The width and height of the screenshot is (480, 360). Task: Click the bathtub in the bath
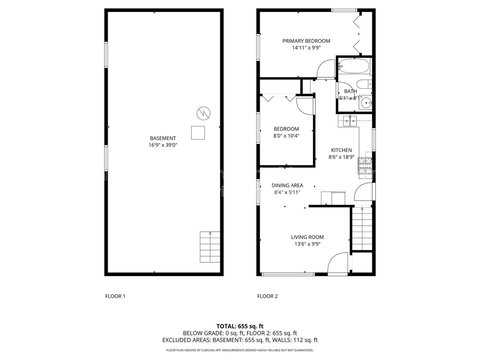[x=354, y=66]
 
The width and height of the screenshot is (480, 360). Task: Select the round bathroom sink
[x=366, y=103]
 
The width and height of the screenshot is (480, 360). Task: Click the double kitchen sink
[x=350, y=121]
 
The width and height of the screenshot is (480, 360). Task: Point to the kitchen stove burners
[x=365, y=166]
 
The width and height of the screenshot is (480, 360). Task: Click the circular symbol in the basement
[x=203, y=113]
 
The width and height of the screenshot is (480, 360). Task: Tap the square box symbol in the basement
[x=198, y=133]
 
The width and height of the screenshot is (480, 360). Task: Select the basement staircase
[x=210, y=247]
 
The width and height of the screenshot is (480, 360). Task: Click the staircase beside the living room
[x=362, y=229]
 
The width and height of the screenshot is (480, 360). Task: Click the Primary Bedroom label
[x=306, y=41]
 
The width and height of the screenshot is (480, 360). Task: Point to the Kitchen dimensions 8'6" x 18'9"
[x=341, y=157]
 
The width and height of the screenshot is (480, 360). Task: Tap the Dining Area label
[x=287, y=186]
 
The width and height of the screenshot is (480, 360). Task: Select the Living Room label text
[x=307, y=237]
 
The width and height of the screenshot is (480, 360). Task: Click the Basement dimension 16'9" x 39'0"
[x=163, y=145]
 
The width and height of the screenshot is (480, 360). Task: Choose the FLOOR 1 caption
[x=115, y=296]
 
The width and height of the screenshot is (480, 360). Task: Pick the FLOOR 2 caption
[x=267, y=296]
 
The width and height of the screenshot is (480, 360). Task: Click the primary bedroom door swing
[x=326, y=69]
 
